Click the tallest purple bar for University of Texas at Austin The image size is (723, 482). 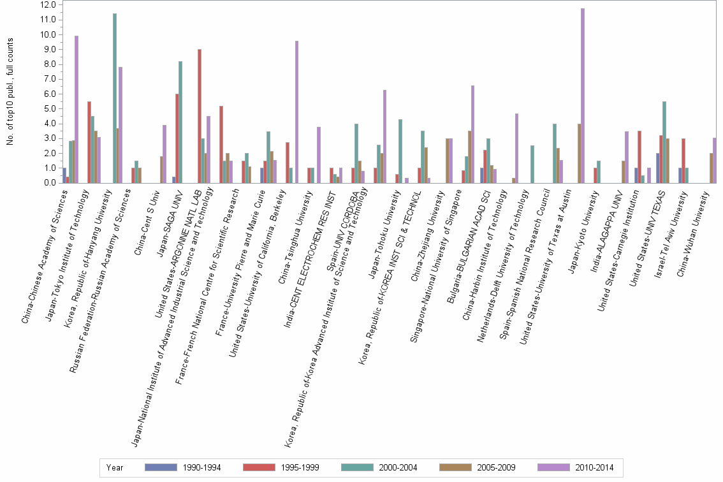582,96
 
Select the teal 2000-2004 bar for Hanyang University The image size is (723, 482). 115,98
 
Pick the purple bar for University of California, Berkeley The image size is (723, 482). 296,112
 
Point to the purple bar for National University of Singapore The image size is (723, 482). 472,135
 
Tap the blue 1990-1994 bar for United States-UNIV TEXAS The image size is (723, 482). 658,168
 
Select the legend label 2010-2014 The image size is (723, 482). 594,467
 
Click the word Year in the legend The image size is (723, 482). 115,467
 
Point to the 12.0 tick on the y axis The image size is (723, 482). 49,4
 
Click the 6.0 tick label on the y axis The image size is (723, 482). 49,94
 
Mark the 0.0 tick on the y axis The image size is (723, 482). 49,183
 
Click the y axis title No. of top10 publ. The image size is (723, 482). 10,91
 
